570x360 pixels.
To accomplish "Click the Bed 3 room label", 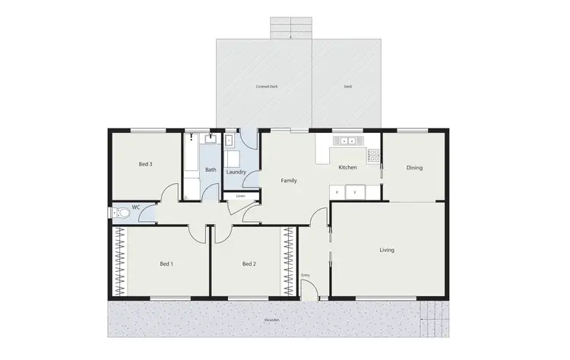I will click(146, 164).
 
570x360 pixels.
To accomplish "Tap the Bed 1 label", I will click(166, 264).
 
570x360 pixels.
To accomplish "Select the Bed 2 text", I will click(249, 264).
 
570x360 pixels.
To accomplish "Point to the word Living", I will click(387, 250).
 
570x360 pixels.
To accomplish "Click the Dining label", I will click(414, 168).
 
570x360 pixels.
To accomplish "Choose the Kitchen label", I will click(347, 168).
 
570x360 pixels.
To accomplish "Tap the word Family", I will click(289, 181).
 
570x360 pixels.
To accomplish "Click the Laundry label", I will click(236, 172).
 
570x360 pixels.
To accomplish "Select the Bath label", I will click(211, 170).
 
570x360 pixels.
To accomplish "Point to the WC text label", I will click(135, 207).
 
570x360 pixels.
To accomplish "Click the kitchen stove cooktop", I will click(373, 156).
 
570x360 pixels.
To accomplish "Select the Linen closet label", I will click(240, 197).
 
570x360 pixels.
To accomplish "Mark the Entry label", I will click(306, 275).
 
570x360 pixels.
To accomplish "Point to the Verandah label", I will click(272, 320).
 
